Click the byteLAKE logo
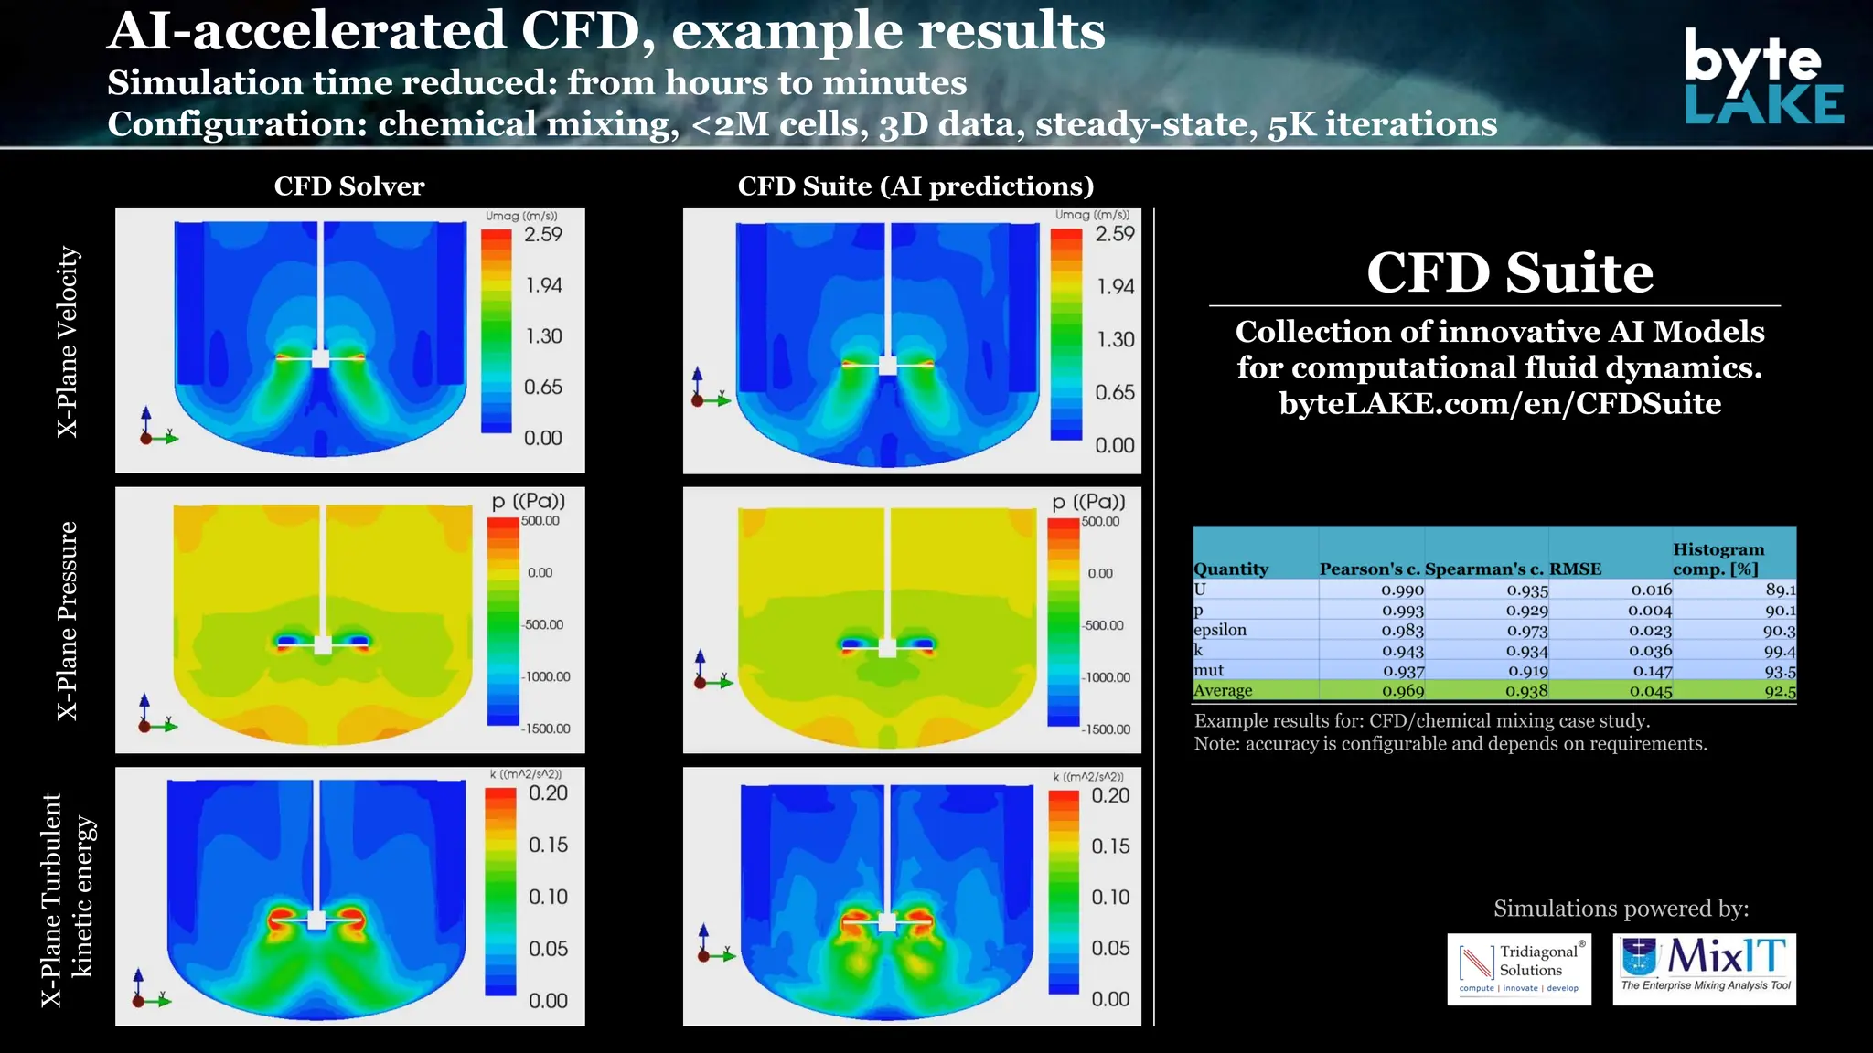[1762, 77]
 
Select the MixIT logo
[1704, 968]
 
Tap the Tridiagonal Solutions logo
[1518, 969]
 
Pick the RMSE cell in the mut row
[1652, 671]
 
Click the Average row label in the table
[1223, 691]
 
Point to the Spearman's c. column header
[1484, 569]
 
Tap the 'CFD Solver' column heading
[349, 186]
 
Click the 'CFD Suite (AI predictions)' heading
[915, 186]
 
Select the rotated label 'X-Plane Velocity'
[68, 341]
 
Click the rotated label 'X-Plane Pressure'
[68, 621]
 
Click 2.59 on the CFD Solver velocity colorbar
[542, 234]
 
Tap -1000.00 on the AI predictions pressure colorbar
[1107, 677]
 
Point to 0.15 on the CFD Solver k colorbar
[548, 845]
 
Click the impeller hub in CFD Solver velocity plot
[320, 358]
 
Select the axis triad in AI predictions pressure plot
[708, 673]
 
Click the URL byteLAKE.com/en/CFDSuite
[1500, 403]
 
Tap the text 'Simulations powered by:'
[1621, 909]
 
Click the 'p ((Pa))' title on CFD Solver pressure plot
[529, 501]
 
